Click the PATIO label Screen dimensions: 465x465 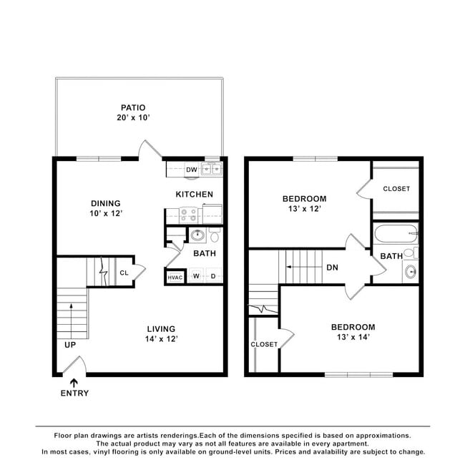tap(133, 107)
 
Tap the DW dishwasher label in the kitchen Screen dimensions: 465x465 tap(192, 170)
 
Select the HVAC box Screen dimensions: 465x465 tap(175, 278)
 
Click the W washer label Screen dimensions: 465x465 tap(196, 276)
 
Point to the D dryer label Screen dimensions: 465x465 tap(213, 276)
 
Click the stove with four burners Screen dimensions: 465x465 tap(189, 215)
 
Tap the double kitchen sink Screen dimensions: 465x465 tap(212, 170)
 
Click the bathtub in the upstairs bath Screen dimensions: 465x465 tap(396, 234)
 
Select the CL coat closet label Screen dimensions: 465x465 tap(124, 273)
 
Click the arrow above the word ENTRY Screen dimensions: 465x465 tap(74, 383)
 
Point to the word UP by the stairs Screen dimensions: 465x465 tap(70, 345)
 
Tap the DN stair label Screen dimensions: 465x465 tap(332, 268)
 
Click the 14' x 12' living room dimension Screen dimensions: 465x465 tap(162, 339)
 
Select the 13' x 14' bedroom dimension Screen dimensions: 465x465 tap(353, 337)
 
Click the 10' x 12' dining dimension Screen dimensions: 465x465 tap(106, 213)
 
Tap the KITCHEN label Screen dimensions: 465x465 tap(195, 195)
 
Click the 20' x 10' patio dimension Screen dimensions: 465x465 tap(133, 117)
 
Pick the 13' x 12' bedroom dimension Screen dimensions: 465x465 tap(305, 209)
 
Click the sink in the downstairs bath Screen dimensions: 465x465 tap(197, 235)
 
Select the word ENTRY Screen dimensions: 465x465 tap(74, 393)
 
